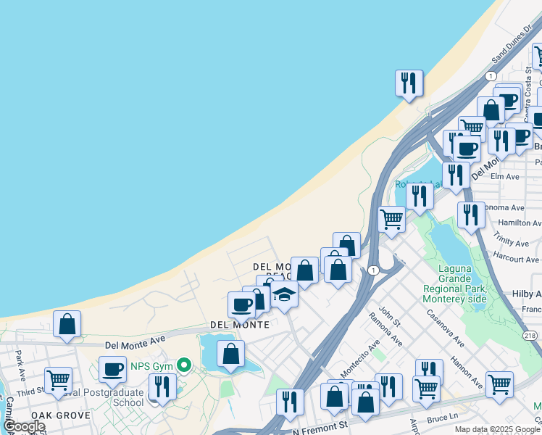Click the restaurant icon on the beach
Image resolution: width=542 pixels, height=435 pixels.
(409, 83)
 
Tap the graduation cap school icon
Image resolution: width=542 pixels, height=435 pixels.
(285, 294)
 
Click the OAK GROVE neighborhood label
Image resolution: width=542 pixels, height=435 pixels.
(61, 415)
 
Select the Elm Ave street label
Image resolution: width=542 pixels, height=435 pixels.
(505, 176)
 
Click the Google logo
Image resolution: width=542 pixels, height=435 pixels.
(23, 426)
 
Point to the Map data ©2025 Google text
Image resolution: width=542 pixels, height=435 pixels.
(497, 429)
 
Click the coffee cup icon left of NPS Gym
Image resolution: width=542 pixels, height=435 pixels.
(112, 369)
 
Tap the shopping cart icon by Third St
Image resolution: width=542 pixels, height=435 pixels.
(58, 379)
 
